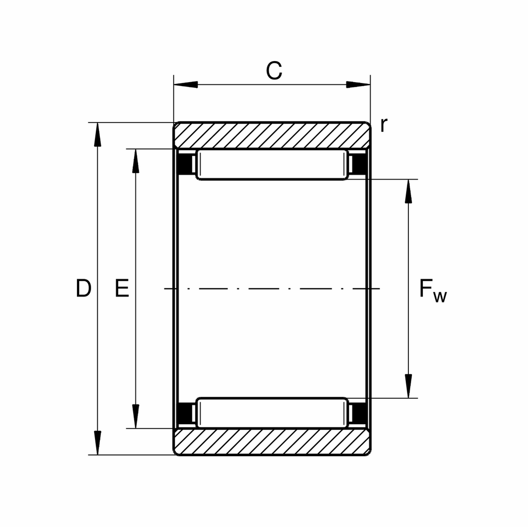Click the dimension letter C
(274, 71)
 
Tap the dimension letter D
(83, 288)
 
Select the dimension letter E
(122, 288)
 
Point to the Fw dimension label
(433, 291)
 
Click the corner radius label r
(384, 125)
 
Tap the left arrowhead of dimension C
(186, 84)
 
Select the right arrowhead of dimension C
(358, 84)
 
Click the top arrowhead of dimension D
(98, 134)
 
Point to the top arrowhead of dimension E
(136, 161)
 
